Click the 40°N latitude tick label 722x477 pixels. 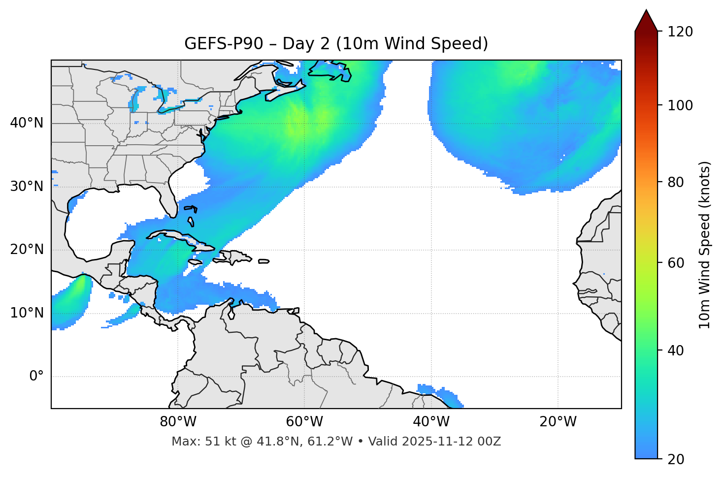(x=27, y=123)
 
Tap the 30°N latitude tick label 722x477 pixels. (x=27, y=187)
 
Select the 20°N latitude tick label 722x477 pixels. (x=27, y=250)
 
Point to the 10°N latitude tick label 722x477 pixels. (x=27, y=313)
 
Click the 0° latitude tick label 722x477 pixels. (x=36, y=377)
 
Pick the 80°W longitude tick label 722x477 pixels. (x=178, y=422)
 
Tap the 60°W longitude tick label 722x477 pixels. (x=304, y=422)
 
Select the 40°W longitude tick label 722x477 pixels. (x=431, y=422)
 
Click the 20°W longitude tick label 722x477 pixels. (x=558, y=422)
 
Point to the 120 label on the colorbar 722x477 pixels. (x=680, y=32)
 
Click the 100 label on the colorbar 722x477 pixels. (x=680, y=105)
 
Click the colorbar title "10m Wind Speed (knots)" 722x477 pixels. (x=705, y=245)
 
